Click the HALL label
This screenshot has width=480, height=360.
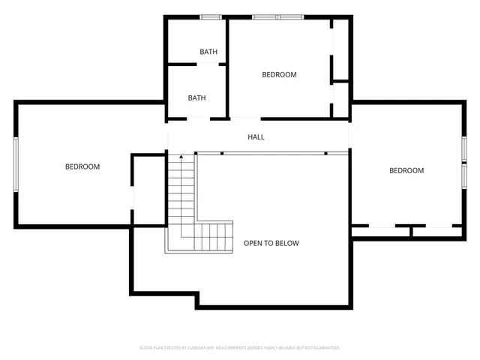(x=256, y=137)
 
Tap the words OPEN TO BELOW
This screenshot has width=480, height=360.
(x=271, y=244)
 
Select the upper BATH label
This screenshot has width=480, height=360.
(x=208, y=52)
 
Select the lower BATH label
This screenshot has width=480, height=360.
(x=196, y=97)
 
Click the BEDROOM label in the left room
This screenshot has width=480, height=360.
(x=82, y=166)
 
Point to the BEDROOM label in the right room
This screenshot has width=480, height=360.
(x=406, y=171)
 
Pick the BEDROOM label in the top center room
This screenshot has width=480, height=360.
(x=279, y=74)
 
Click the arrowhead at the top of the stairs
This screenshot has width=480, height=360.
(x=180, y=157)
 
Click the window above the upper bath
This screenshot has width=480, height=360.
(x=210, y=16)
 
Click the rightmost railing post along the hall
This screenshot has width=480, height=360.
(x=326, y=153)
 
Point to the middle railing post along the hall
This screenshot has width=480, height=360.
(x=222, y=153)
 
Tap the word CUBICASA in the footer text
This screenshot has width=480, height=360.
(x=202, y=348)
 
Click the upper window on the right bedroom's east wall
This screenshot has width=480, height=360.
(x=464, y=148)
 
